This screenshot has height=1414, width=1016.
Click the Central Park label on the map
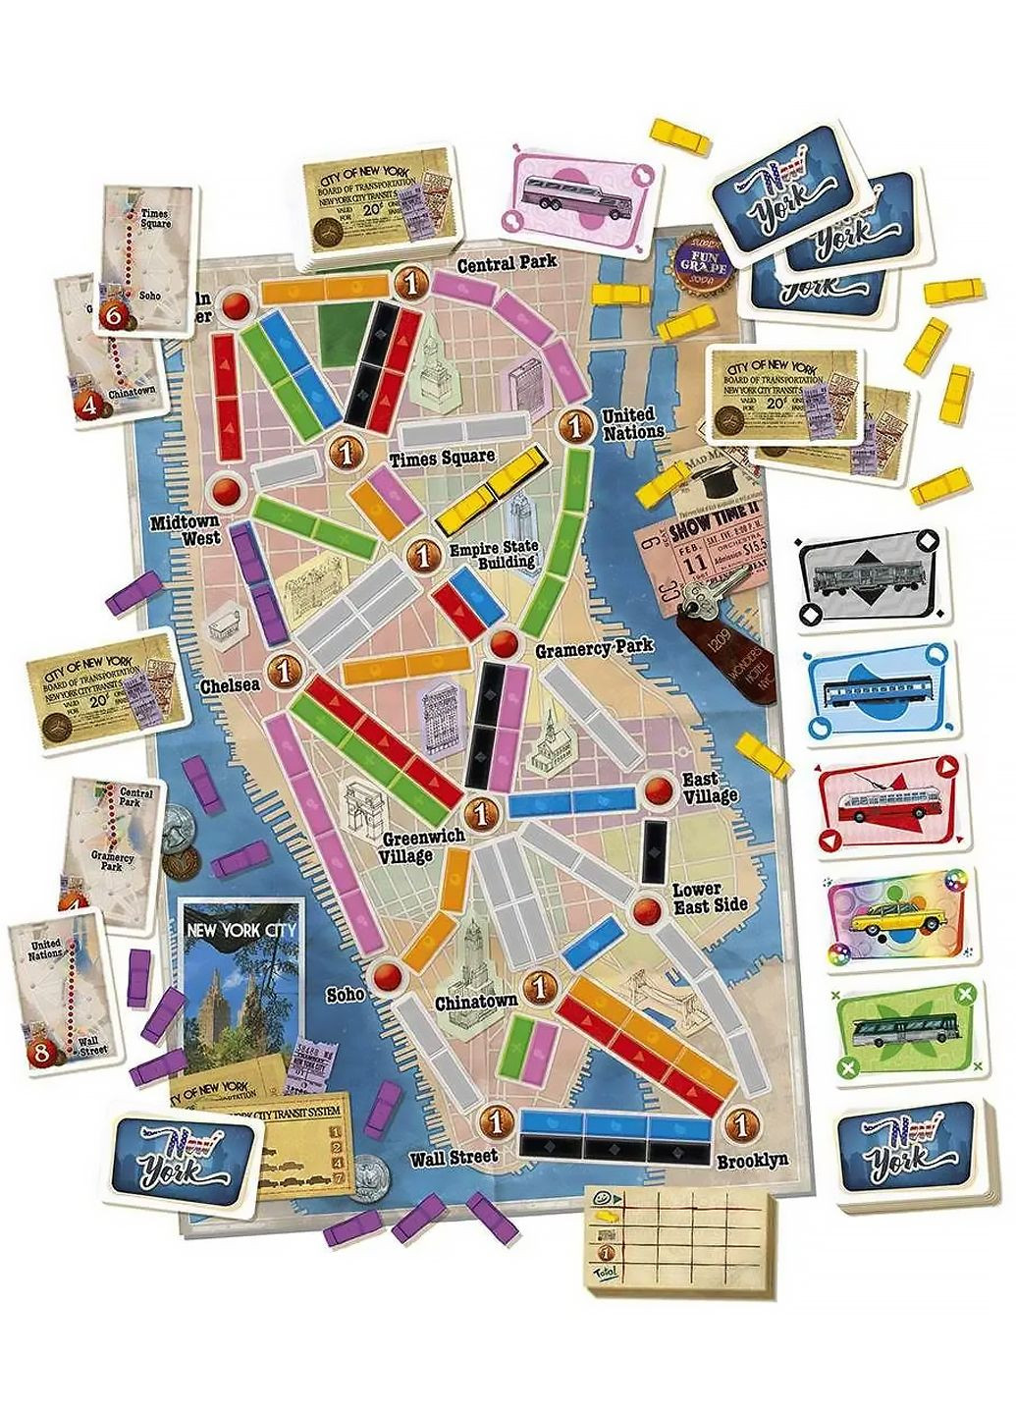tap(507, 262)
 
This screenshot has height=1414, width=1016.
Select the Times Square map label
tap(442, 459)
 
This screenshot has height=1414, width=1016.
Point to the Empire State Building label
tap(493, 555)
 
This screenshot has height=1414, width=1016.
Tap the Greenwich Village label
tap(406, 846)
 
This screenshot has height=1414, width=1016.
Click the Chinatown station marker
tap(538, 986)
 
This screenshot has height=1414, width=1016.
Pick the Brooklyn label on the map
tap(752, 1160)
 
